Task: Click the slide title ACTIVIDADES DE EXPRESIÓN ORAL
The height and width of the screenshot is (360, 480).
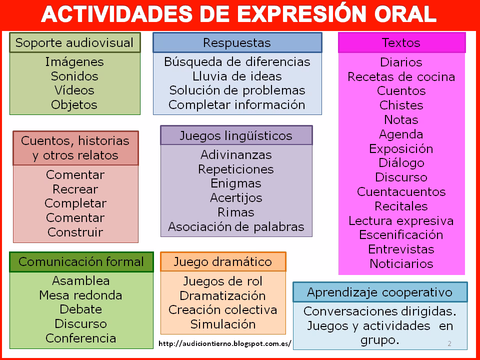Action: pos(238,15)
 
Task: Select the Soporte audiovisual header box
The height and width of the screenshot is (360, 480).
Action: pos(75,42)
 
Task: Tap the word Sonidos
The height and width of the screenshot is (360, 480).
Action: pos(74,76)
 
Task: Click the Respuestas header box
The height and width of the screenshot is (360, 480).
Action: pos(237,42)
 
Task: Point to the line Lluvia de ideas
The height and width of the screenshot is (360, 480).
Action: pos(237,76)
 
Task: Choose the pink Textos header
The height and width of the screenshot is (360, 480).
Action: pos(401,42)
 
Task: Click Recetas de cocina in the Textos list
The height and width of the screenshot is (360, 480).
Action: pos(401,77)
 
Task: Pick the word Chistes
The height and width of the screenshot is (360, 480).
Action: pos(401,105)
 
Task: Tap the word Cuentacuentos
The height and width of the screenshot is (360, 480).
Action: pos(401,192)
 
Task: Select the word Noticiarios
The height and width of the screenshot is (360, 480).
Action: pos(401,263)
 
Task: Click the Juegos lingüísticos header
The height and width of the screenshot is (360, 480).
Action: pos(236,135)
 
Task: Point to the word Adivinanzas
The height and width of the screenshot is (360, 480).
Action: pos(236,154)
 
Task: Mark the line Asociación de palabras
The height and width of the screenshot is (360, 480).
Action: pos(236,226)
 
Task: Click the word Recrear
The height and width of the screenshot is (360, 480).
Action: pos(75,189)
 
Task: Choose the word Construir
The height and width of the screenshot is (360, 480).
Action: pos(75,232)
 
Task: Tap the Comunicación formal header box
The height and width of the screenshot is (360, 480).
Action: pos(81,261)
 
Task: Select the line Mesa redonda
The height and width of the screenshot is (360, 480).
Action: pos(80,295)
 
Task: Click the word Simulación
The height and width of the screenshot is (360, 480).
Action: pos(223,324)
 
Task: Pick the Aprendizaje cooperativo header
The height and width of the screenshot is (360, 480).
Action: pos(379,292)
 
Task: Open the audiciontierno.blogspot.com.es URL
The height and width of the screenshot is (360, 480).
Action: pos(224,344)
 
